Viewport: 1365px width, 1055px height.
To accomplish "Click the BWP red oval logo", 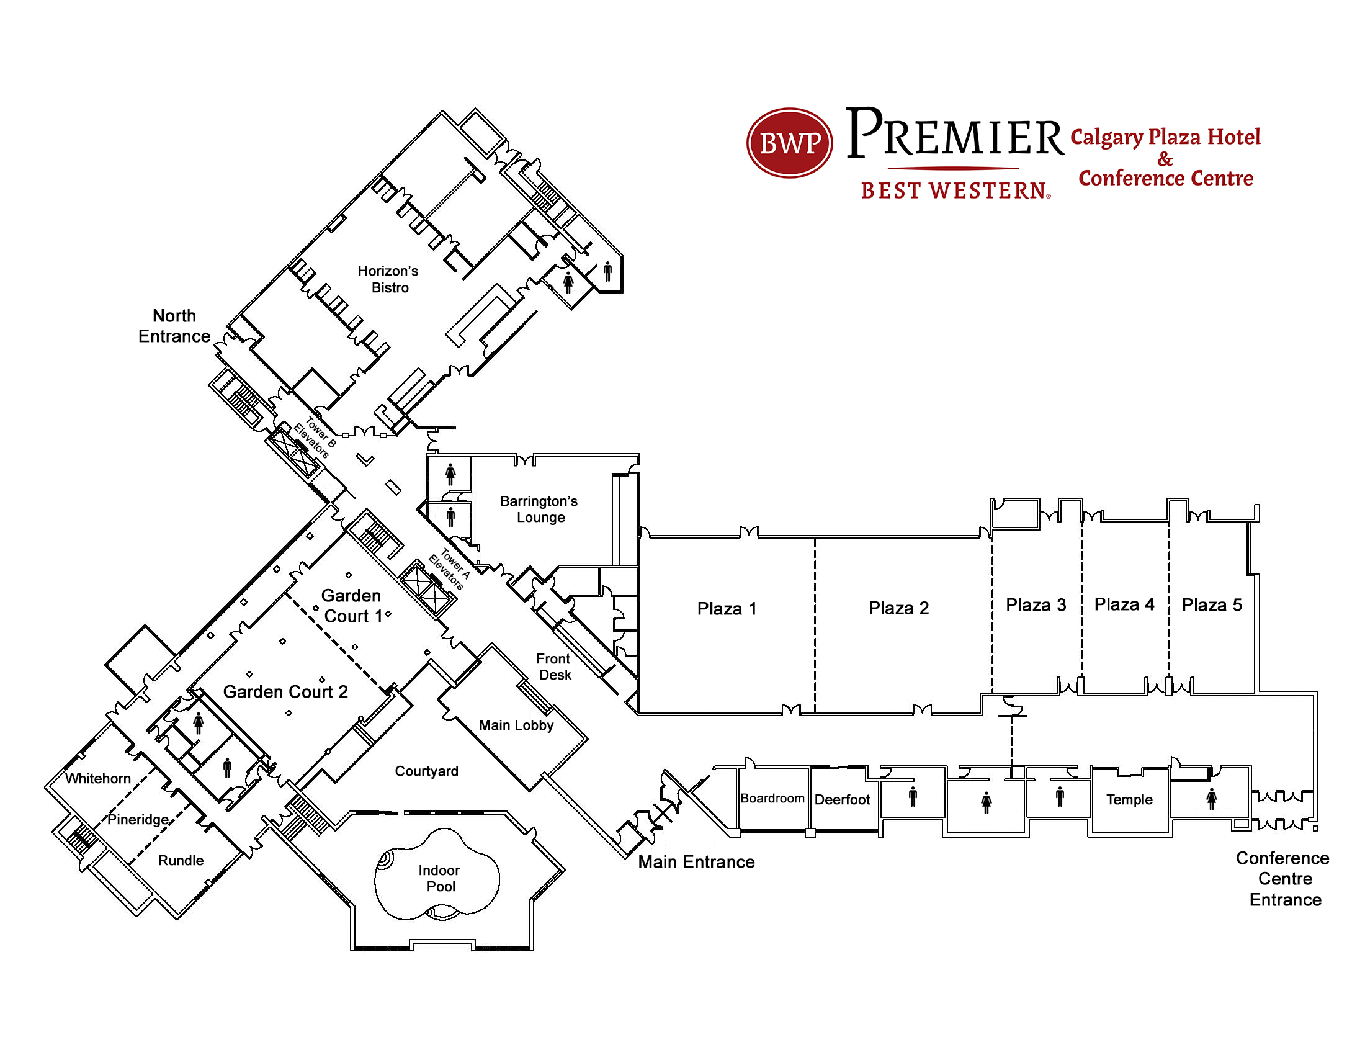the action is (x=789, y=143).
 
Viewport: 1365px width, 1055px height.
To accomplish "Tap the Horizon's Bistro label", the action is (x=388, y=279).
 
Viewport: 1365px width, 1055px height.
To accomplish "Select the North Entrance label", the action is (x=174, y=326).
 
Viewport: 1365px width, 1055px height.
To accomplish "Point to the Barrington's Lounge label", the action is (x=539, y=510).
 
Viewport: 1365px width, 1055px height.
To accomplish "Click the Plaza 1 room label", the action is (x=727, y=609).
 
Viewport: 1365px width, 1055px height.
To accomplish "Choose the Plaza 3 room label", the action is (x=1036, y=605).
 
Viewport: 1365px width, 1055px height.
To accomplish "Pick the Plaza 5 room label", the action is (x=1212, y=605).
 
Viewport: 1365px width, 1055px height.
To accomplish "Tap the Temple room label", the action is (x=1129, y=799).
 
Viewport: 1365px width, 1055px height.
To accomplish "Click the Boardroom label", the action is (x=772, y=798).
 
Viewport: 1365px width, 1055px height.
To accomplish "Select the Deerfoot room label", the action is (x=843, y=799).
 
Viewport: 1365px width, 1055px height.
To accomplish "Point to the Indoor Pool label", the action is (x=439, y=878).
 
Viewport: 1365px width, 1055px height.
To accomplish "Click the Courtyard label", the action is (x=427, y=771).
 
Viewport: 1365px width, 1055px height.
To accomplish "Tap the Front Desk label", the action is (x=554, y=667).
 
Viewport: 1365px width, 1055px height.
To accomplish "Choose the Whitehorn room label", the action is (x=98, y=779).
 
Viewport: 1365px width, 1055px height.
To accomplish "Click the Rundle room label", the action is (x=181, y=861).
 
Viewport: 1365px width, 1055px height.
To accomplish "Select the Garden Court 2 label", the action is (x=285, y=692).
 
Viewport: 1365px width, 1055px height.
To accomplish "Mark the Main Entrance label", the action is (x=696, y=862).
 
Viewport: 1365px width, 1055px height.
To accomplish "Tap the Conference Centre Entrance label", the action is (x=1283, y=879).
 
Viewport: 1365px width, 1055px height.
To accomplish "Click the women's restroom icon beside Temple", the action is (x=1212, y=799).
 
